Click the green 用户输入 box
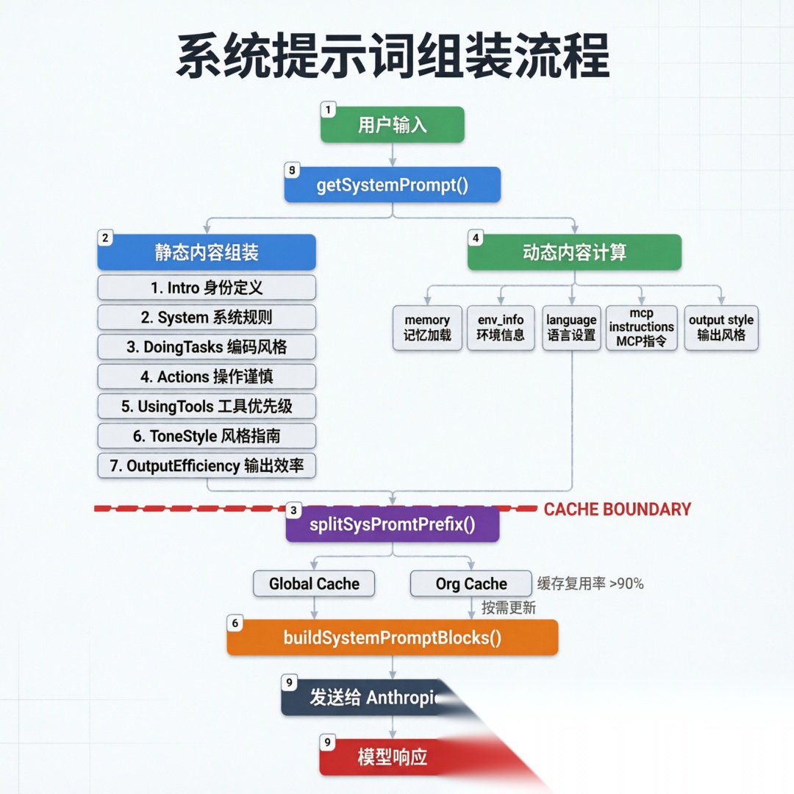[392, 125]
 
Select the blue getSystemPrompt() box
[392, 185]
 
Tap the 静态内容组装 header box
[207, 253]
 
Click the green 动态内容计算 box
[574, 253]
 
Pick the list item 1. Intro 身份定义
[207, 287]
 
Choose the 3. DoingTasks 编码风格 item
[207, 347]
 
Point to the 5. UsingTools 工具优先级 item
[207, 406]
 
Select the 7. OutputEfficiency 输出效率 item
[207, 466]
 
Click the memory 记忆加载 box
[427, 328]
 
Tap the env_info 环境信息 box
[501, 328]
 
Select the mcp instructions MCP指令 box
[641, 328]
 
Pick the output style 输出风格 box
[721, 328]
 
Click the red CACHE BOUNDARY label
[617, 509]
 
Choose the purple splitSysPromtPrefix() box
[392, 525]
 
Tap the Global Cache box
[314, 584]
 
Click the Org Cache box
[471, 584]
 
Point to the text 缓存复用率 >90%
[590, 584]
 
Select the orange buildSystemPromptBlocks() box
[392, 637]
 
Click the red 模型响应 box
[392, 757]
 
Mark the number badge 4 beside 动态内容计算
[476, 238]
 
